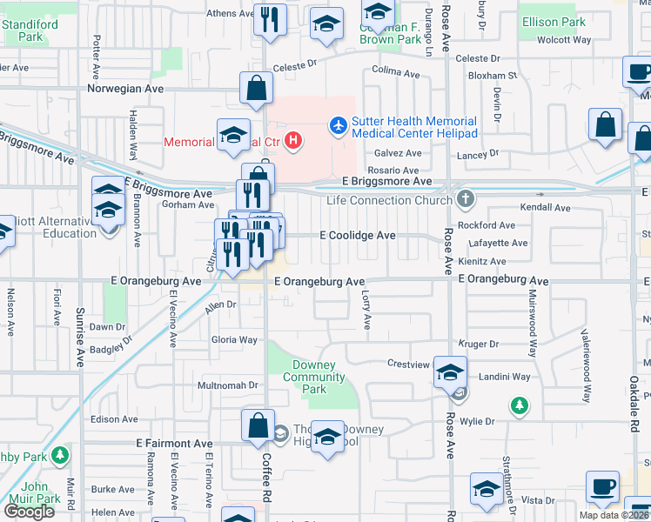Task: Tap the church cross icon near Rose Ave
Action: coord(466,199)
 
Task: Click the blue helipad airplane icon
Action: coord(338,127)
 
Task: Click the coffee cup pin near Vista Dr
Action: coord(602,486)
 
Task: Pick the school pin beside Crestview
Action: coord(450,372)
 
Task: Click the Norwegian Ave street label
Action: coord(125,89)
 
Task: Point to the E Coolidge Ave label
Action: coord(358,236)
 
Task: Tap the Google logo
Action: coord(28,511)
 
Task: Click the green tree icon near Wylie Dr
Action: coord(520,405)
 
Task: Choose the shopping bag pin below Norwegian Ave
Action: coord(258,88)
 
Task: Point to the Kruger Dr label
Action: coord(480,345)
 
